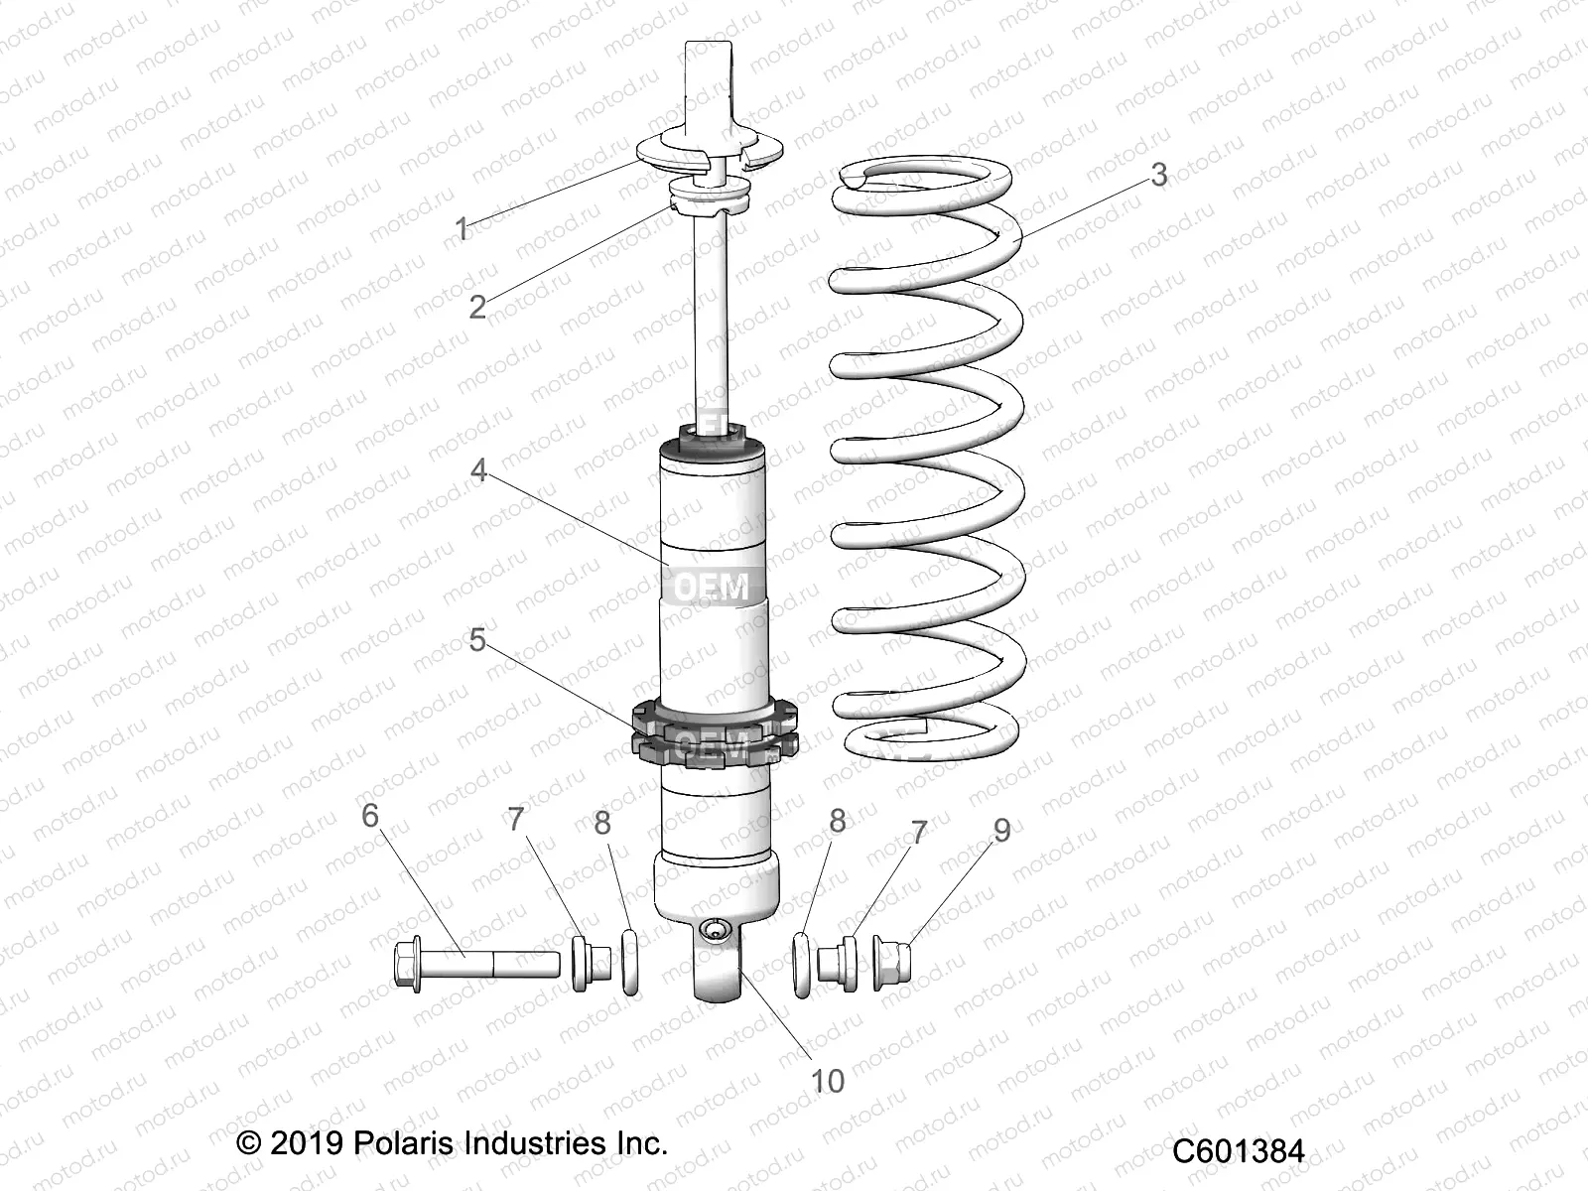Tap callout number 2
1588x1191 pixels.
477,307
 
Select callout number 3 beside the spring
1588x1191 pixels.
1158,175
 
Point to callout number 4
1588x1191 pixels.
478,469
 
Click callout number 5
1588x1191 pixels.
477,640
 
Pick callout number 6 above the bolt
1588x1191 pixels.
370,816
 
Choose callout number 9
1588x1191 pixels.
1001,830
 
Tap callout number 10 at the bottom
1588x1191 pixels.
828,1081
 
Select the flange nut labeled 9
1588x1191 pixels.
890,959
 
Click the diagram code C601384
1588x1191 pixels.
1238,1151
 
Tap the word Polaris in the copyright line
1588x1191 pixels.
396,1143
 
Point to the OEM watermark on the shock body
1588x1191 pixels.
712,587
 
